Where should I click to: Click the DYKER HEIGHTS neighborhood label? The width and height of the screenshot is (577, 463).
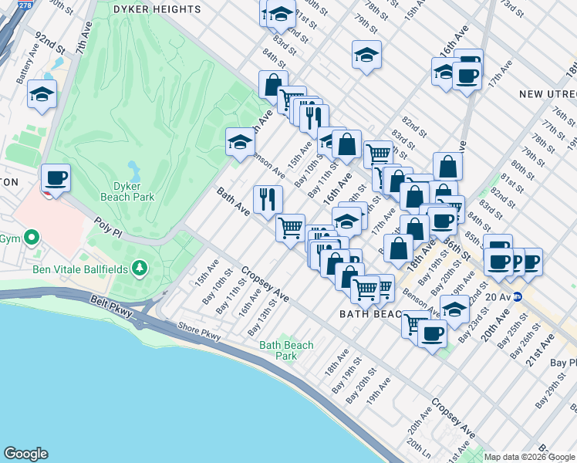point(157,9)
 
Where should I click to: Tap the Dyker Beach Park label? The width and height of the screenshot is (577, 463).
point(127,191)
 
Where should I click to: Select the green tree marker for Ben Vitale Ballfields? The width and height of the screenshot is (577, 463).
point(140,268)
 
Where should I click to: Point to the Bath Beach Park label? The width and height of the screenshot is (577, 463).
point(286,350)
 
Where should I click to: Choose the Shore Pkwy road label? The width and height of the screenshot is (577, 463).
point(199,333)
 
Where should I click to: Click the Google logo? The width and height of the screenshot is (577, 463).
point(25,454)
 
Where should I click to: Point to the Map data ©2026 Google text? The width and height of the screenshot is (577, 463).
point(528,457)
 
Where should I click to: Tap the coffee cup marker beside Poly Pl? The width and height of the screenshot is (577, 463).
point(56,178)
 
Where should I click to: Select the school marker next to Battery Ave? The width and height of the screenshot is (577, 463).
point(41,95)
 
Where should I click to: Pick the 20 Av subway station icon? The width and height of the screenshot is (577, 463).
point(519,296)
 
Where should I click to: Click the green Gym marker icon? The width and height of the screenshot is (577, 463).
point(32,237)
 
